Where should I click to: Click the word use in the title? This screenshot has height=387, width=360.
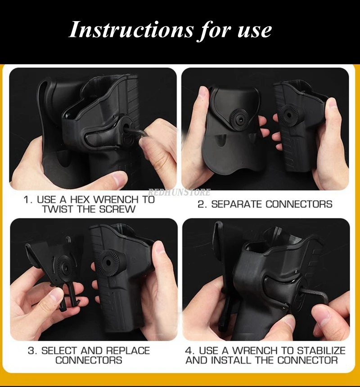(x=255, y=31)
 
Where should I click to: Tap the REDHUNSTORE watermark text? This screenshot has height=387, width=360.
(x=180, y=192)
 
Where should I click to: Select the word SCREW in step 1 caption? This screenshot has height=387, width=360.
(x=117, y=209)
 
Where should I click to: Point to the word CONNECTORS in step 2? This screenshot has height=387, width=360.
(x=299, y=205)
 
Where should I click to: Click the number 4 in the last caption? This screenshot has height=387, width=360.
(x=188, y=351)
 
